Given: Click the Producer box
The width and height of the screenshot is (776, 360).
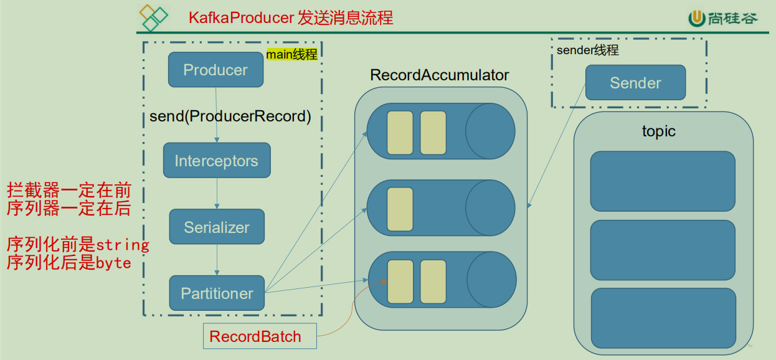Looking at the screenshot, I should coord(215,70).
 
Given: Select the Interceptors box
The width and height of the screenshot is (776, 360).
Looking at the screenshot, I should coord(216,161).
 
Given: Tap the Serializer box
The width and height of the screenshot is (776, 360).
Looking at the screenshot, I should coord(217,227).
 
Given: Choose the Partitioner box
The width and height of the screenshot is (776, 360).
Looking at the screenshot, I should coord(217,293).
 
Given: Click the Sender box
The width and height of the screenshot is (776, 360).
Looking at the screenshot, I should coord(635,83).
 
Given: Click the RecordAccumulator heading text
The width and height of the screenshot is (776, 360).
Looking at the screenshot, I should coord(440,75).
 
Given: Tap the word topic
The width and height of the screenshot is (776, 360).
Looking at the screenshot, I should coord(658,131).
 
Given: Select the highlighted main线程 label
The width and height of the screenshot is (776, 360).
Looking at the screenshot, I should coord(292,55).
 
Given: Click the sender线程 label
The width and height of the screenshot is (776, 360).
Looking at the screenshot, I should coord(587,50).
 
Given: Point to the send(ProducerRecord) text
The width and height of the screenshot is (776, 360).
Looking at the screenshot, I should coord(230,116).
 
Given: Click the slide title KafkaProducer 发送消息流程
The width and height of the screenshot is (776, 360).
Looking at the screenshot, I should coord(291,17).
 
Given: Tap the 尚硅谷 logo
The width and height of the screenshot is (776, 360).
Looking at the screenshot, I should coord(723,19).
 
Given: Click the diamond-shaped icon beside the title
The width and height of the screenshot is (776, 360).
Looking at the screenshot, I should coord(154,17).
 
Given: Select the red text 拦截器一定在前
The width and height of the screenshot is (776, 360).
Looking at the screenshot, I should coord(69,191).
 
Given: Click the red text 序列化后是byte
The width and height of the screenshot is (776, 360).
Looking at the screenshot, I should coord(69,263).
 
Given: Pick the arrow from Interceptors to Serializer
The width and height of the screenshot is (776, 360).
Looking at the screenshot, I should coord(217,193).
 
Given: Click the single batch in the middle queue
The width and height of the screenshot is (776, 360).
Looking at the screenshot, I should coord(400,207).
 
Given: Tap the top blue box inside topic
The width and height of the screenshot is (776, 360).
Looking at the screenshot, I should coord(663,181).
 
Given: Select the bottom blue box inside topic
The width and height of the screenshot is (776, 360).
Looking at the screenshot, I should coord(663,318).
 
